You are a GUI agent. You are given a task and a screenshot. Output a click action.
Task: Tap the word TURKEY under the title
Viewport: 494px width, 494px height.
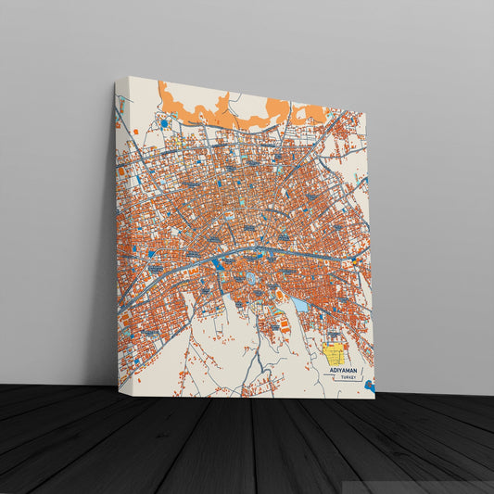pyautogui.click(x=348, y=378)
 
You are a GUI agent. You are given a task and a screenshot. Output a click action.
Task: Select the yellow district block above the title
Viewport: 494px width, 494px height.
pyautogui.click(x=335, y=353)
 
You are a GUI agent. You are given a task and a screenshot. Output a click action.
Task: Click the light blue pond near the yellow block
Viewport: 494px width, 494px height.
pyautogui.click(x=299, y=304)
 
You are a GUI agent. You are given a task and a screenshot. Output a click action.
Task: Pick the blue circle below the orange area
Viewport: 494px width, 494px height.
pyautogui.click(x=164, y=122)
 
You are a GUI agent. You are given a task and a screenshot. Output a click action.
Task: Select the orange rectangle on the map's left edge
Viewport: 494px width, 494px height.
pyautogui.click(x=120, y=171)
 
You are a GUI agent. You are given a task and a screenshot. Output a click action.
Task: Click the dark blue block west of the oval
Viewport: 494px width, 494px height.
pyautogui.click(x=218, y=264)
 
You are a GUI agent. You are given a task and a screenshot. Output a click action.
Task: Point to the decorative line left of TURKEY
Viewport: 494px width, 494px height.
pyautogui.click(x=334, y=378)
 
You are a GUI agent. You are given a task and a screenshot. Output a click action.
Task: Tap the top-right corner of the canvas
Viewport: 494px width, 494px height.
pyautogui.click(x=368, y=115)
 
